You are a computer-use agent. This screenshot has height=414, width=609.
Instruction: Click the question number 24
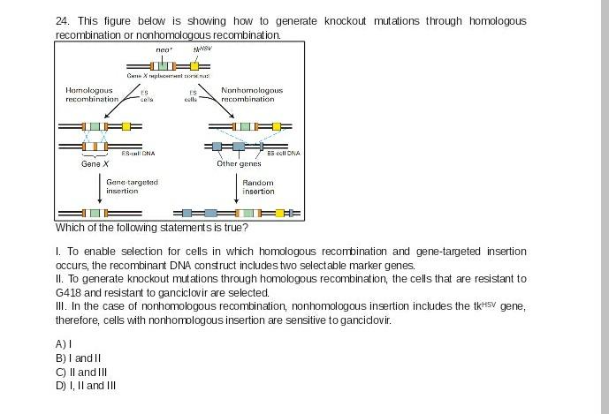[62, 20]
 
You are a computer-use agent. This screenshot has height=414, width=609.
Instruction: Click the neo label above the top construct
[163, 50]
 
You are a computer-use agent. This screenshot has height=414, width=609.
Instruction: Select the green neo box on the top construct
[163, 66]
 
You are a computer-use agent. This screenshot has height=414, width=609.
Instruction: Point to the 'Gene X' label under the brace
[95, 163]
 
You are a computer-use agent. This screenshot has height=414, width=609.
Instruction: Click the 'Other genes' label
[239, 163]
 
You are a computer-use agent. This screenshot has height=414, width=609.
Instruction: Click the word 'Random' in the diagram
[258, 183]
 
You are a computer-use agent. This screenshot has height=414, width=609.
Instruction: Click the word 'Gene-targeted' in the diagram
[132, 182]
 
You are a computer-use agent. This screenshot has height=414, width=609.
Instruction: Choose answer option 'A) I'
[64, 344]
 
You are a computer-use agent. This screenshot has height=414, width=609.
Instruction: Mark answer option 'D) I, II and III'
[86, 385]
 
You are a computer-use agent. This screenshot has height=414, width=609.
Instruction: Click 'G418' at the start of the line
[67, 292]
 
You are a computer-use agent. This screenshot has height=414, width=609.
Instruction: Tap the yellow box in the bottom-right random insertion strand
[280, 213]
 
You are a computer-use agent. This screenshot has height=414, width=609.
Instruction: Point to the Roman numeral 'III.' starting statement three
[60, 306]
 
